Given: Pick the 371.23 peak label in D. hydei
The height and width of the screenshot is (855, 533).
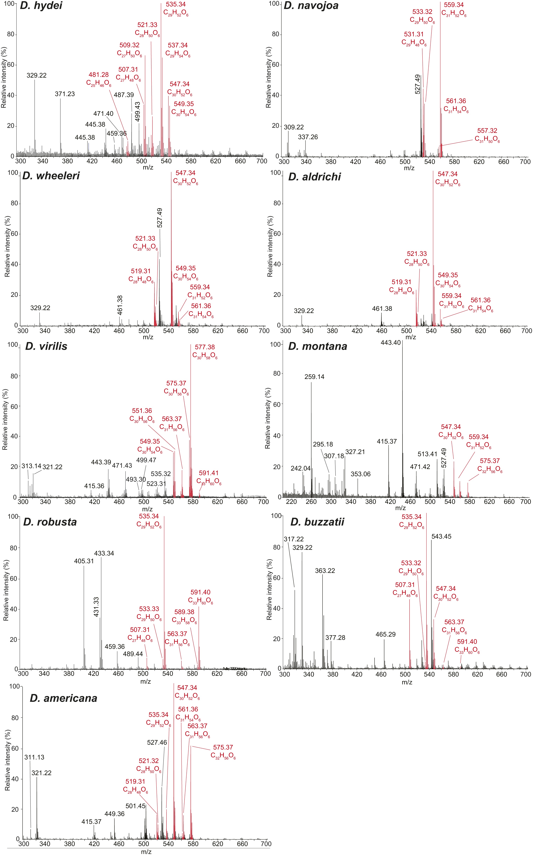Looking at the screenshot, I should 65,94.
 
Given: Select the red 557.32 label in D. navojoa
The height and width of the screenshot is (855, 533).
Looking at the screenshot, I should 487,131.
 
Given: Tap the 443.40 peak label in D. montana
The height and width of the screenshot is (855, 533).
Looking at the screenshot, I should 391,343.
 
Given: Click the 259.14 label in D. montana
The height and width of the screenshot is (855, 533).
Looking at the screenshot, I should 314,377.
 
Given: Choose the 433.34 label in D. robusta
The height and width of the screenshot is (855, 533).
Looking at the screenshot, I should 104,554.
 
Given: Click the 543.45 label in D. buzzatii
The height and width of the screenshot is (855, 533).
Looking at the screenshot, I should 441,537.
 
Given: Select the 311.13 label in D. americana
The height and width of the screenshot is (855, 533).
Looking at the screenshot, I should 34,757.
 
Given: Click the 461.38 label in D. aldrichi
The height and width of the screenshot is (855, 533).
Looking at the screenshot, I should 382,309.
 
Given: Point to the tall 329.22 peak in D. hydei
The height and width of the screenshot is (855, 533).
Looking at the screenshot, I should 35,116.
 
